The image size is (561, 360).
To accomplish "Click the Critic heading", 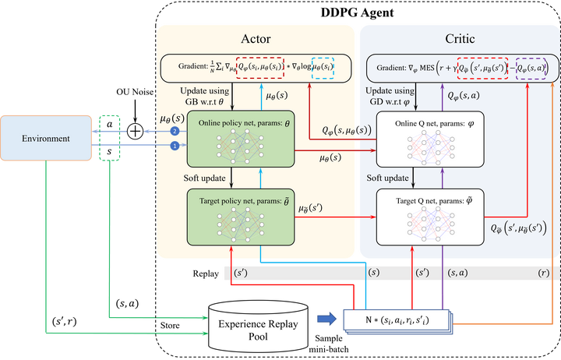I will (x=457, y=38).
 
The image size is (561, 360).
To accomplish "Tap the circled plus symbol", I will (x=136, y=131).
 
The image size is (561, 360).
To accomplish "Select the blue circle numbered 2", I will (x=175, y=131).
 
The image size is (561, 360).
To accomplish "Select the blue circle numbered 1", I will (x=175, y=146).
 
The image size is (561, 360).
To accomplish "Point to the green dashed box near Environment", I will (x=110, y=140).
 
